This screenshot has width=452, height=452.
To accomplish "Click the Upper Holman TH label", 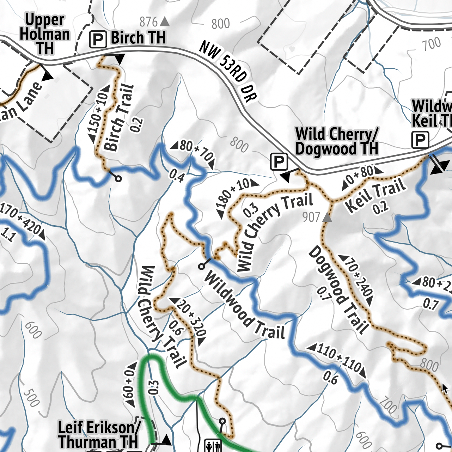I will [45, 35].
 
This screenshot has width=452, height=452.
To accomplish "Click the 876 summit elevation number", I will [148, 22].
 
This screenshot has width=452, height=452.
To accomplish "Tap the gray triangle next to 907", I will [327, 218].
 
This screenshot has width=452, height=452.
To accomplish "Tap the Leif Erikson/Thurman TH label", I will [99, 434].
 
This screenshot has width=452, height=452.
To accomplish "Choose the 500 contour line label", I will [31, 398].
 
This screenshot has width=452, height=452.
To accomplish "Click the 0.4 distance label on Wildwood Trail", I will [176, 176].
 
